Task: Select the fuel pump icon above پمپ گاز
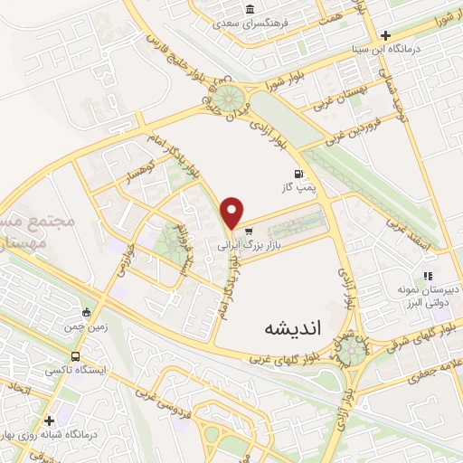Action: pyautogui.click(x=297, y=173)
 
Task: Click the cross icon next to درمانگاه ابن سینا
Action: pyautogui.click(x=385, y=34)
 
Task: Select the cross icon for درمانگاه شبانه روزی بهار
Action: pyautogui.click(x=48, y=420)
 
